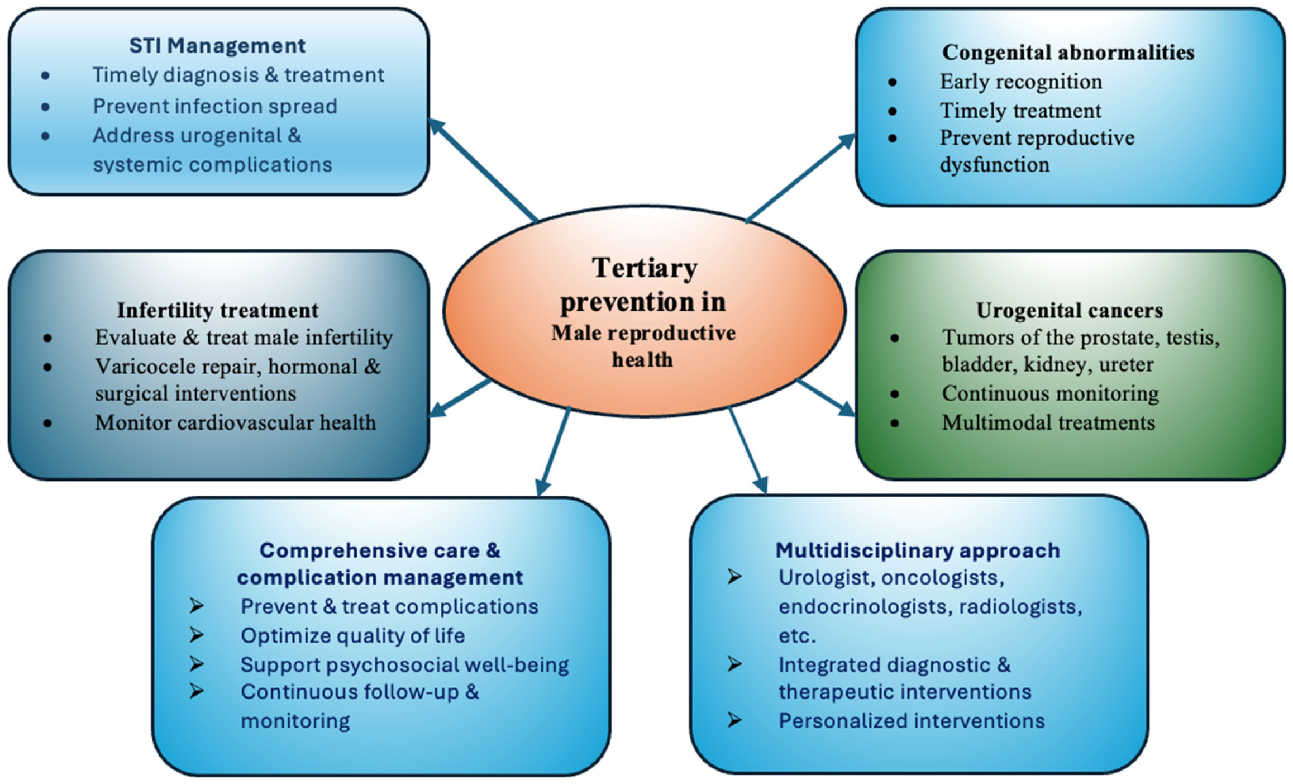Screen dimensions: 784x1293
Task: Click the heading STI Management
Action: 217,46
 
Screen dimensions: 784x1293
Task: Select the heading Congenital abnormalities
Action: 1068,53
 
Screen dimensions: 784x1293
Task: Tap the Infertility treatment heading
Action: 217,310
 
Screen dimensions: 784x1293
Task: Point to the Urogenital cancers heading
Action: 1069,310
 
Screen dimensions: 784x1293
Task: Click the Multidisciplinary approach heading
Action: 918,550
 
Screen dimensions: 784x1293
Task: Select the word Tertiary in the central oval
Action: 645,268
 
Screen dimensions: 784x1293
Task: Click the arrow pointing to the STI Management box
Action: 483,170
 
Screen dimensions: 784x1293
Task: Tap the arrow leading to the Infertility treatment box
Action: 460,398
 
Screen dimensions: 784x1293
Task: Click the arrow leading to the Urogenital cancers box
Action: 826,397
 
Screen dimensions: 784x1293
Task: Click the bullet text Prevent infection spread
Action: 215,106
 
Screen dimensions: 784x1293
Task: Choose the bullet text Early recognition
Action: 1021,82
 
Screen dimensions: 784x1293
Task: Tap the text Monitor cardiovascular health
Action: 235,422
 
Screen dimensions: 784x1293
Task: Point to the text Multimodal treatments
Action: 1048,422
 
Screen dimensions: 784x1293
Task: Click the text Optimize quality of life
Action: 352,635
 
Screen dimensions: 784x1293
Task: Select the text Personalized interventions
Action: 912,721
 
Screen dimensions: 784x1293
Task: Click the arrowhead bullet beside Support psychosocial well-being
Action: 197,664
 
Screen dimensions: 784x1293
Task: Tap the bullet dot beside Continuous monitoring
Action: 895,394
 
